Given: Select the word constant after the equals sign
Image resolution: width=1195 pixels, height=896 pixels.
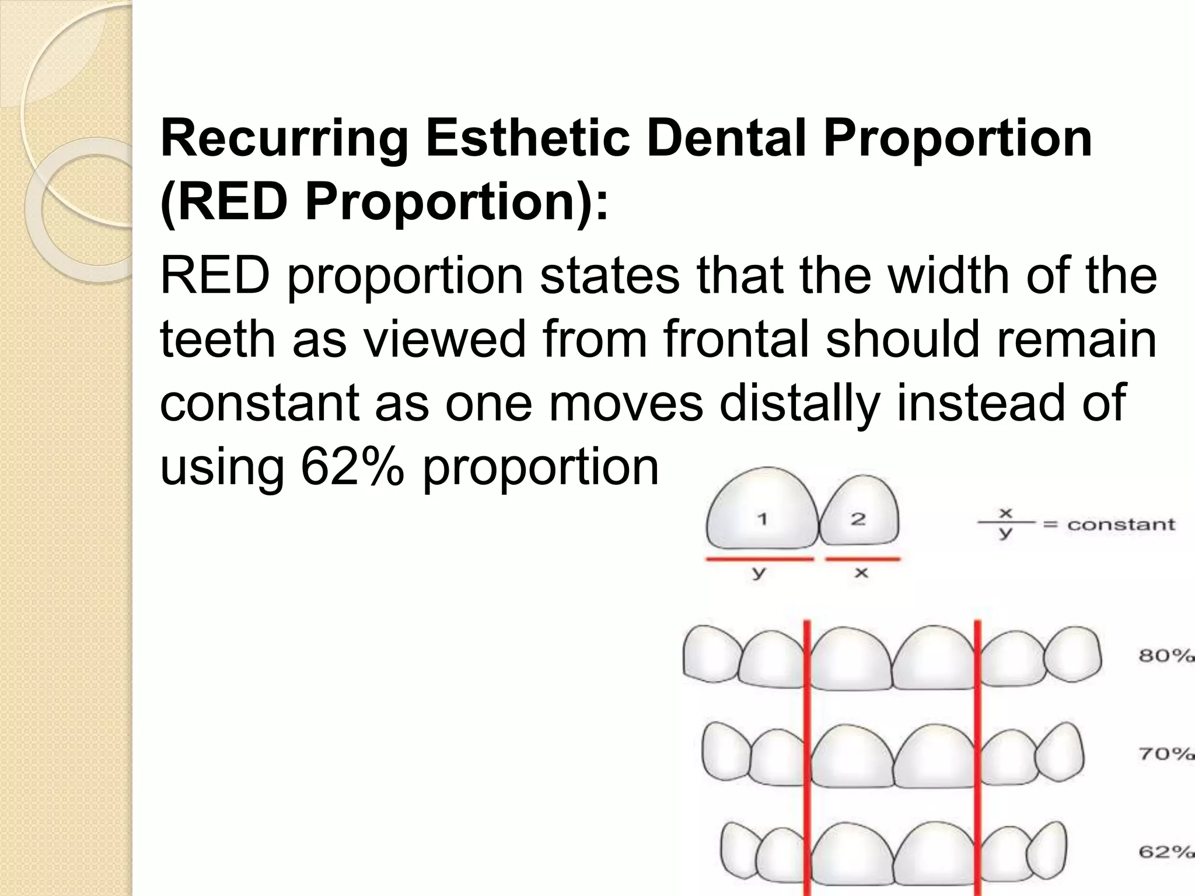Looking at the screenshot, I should tap(1120, 524).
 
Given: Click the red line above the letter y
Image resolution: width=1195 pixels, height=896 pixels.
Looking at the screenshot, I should tap(759, 559).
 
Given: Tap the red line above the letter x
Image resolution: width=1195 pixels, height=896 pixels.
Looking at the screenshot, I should tap(862, 559).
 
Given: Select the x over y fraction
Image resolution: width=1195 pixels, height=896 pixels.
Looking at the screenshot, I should tap(1005, 524).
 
